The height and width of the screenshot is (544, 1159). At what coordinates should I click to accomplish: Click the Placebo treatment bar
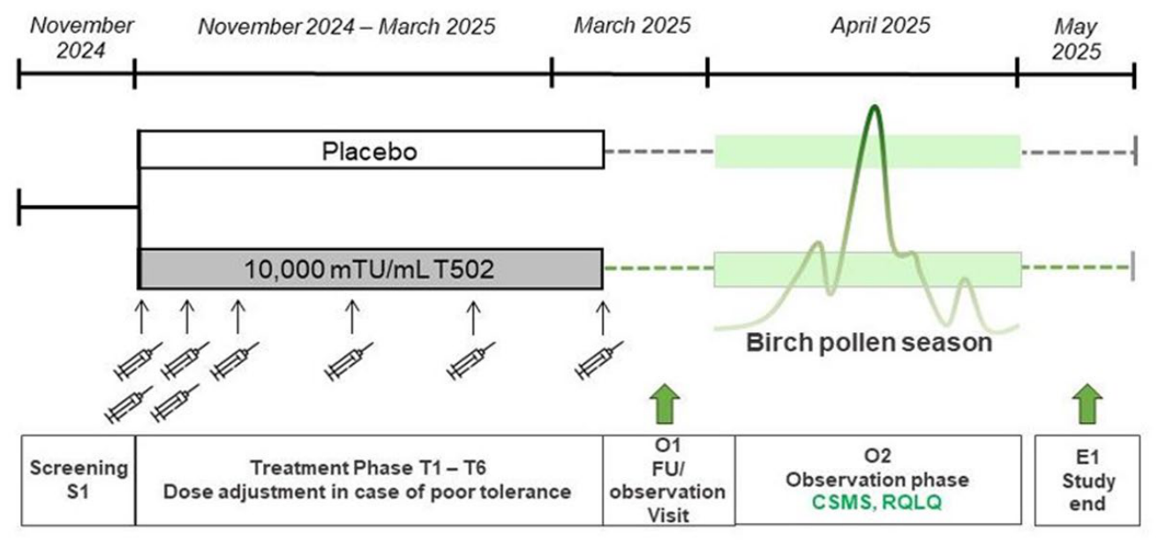[371, 149]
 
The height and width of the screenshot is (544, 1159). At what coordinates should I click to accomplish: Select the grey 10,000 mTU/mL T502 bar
[371, 268]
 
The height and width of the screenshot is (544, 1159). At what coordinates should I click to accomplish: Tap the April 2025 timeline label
[880, 26]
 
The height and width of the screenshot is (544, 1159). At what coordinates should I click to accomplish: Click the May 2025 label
[1076, 39]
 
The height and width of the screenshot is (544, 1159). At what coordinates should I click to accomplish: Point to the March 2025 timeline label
[632, 26]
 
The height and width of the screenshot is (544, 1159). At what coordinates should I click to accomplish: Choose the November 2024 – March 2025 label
[347, 26]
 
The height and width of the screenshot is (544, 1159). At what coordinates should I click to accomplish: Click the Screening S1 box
[79, 480]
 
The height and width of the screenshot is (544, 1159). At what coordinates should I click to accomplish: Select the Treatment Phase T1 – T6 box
[369, 480]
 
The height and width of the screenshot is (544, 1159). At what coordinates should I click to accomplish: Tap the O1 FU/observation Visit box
[668, 480]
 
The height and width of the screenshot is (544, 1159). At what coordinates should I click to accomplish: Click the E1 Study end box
[1088, 480]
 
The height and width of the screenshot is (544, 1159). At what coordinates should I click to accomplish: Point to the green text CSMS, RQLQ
[877, 502]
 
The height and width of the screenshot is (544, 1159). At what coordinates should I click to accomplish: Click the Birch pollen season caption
[869, 343]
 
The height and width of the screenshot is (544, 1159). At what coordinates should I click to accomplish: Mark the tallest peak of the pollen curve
[875, 107]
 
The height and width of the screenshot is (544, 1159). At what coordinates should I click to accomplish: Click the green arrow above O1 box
[665, 404]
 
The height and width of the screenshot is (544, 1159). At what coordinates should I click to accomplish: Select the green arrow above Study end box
[1088, 404]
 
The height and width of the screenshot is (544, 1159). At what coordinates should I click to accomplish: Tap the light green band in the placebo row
[868, 151]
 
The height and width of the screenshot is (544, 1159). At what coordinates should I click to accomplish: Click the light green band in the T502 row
[868, 269]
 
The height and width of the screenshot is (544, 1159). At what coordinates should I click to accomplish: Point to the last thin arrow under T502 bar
[603, 317]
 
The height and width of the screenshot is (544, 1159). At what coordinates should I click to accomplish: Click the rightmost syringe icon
[599, 359]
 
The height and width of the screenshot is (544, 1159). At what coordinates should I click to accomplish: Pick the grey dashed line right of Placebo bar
[659, 151]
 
